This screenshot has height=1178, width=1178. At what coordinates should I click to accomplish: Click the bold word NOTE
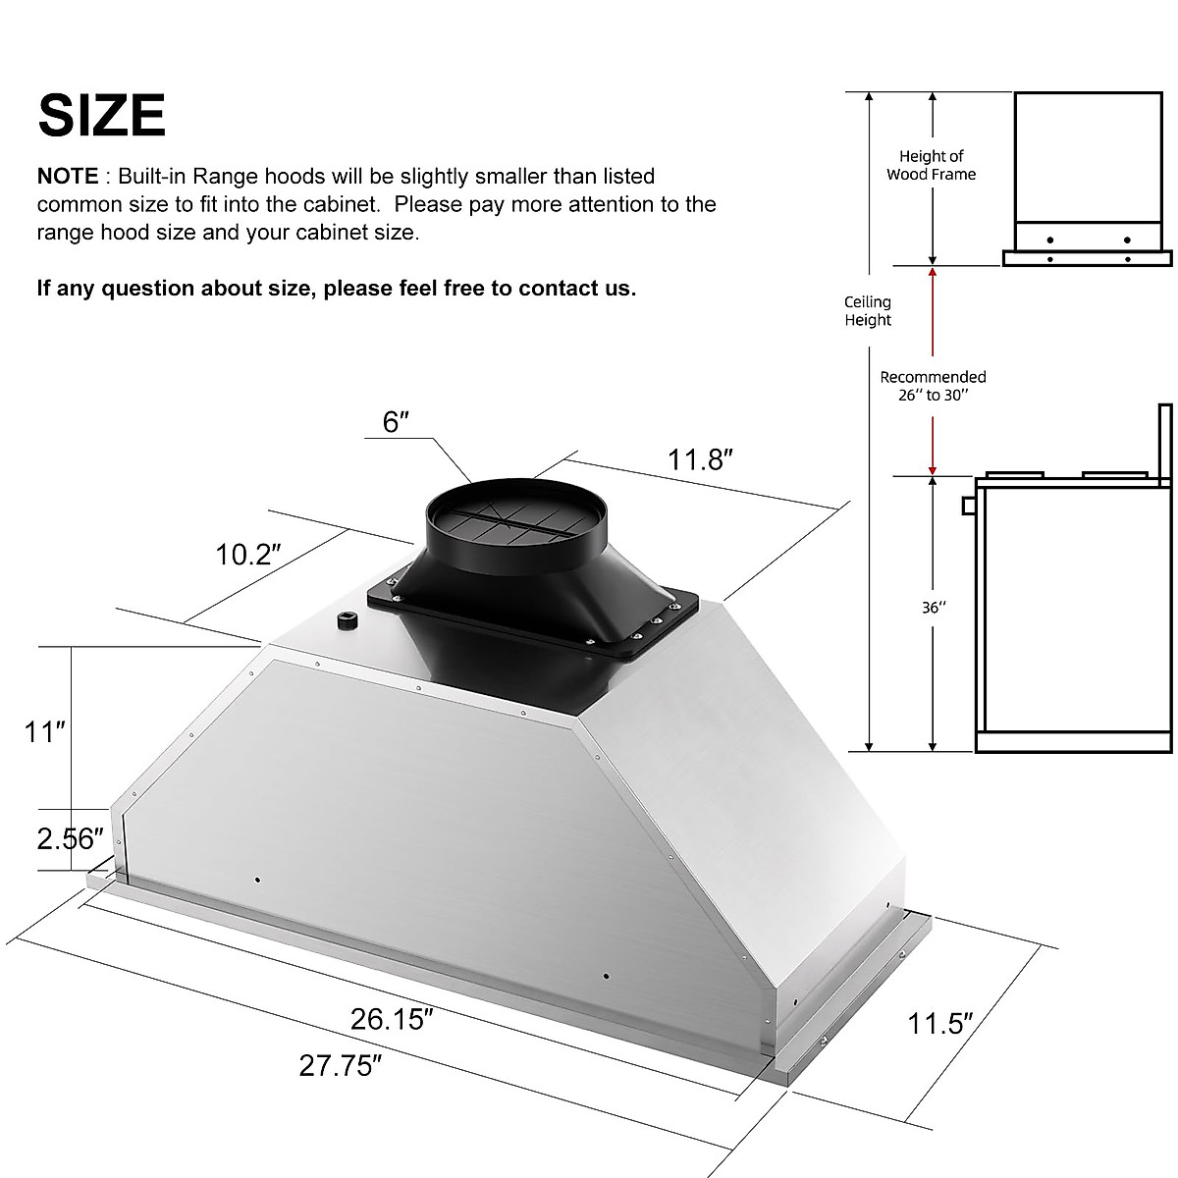67,177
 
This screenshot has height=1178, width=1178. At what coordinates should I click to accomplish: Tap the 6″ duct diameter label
396,422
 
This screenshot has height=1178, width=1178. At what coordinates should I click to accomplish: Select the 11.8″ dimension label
701,459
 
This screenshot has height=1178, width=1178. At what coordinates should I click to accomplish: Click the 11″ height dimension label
45,731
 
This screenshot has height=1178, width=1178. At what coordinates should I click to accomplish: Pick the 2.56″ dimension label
70,838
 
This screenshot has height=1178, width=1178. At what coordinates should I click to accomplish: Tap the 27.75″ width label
341,1065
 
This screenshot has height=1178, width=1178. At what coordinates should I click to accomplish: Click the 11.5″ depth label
939,1024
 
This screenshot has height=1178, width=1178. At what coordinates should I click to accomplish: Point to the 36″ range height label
933,608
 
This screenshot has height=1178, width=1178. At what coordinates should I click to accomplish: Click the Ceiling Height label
868,311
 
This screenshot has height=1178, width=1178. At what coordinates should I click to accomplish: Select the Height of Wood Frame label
931,165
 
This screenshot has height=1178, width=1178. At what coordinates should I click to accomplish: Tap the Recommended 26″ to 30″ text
933,386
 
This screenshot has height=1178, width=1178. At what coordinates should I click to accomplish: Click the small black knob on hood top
347,621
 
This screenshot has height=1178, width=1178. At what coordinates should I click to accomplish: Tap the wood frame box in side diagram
1087,157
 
